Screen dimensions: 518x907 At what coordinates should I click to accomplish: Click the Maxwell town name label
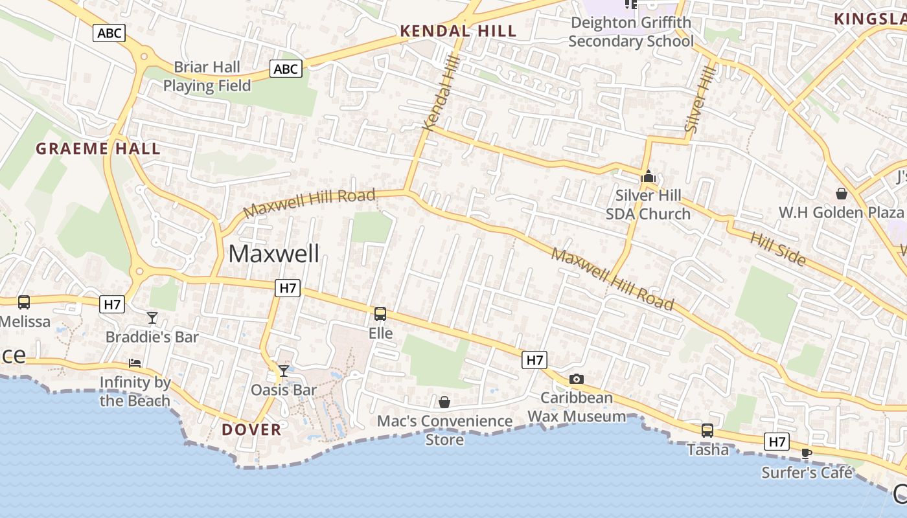[x=273, y=254]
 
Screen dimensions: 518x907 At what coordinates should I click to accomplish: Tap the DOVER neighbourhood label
[x=251, y=429]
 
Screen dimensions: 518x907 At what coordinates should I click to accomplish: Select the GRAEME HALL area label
[x=98, y=149]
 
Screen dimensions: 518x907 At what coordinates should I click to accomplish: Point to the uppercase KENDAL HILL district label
[x=458, y=30]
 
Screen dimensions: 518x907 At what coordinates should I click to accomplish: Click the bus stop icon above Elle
[x=380, y=314]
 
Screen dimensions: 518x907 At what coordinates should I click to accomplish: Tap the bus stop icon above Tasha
[x=707, y=430]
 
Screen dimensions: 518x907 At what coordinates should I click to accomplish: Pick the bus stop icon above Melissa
[x=24, y=302]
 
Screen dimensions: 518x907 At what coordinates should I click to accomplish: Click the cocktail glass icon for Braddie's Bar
[x=152, y=317]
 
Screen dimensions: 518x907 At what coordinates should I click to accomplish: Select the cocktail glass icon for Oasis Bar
[x=284, y=370]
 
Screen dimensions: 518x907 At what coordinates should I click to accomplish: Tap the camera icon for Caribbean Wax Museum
[x=576, y=379]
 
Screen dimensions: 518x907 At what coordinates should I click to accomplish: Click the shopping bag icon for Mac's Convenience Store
[x=444, y=402]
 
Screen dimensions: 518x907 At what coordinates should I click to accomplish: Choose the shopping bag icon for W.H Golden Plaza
[x=841, y=194]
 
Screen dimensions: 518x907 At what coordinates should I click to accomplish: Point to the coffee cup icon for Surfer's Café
[x=806, y=453]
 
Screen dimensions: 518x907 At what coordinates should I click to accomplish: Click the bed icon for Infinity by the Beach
[x=135, y=363]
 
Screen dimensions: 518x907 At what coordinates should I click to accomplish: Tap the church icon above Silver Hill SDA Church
[x=648, y=176]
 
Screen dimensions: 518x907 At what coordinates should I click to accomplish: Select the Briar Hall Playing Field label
[x=207, y=76]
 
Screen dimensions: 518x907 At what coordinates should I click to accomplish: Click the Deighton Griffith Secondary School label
[x=630, y=32]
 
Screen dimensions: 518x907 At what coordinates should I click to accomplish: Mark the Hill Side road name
[x=778, y=249]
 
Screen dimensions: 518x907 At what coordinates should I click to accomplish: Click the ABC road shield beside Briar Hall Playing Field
[x=286, y=69]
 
